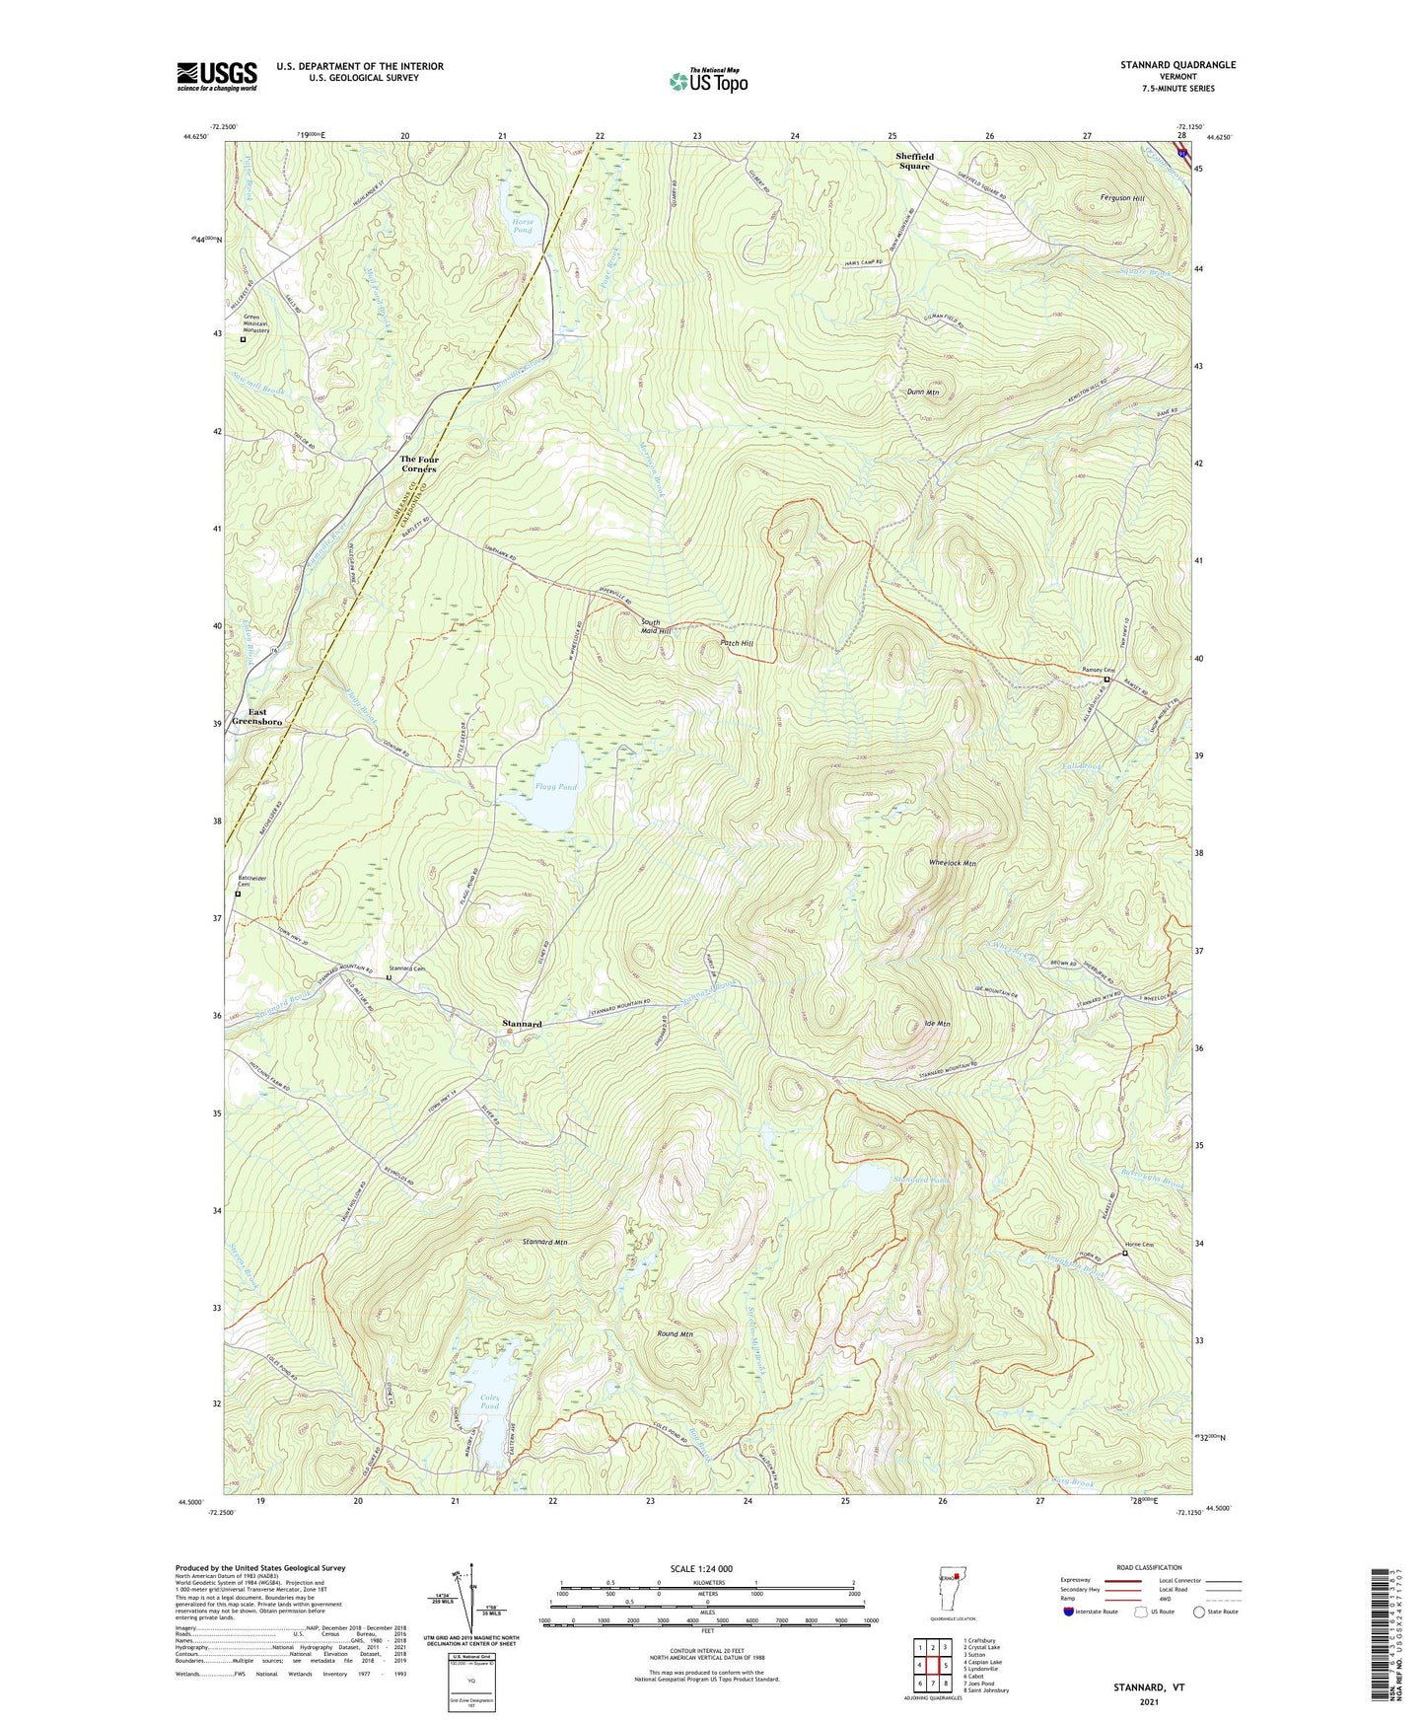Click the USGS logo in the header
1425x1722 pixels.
pos(217,76)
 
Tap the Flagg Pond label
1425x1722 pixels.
pos(555,787)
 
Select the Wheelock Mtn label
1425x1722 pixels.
pos(952,863)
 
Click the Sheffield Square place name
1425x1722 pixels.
pos(913,161)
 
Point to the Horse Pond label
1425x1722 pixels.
pos(523,226)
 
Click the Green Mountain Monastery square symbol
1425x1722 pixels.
pos(244,339)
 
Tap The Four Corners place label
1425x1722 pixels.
pos(419,464)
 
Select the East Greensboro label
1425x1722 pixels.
pos(256,717)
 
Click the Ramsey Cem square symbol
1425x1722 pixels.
pos(1106,680)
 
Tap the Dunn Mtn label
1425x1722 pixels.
pos(922,393)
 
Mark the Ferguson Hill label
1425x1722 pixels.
pos(1122,198)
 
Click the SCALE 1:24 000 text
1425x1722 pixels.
pos(701,1568)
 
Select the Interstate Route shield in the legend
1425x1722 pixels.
pos(1069,1612)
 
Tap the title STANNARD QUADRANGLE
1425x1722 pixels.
pos(1177,65)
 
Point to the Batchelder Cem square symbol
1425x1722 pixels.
pos(238,894)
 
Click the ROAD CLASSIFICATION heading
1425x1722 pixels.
pos(1150,1567)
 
